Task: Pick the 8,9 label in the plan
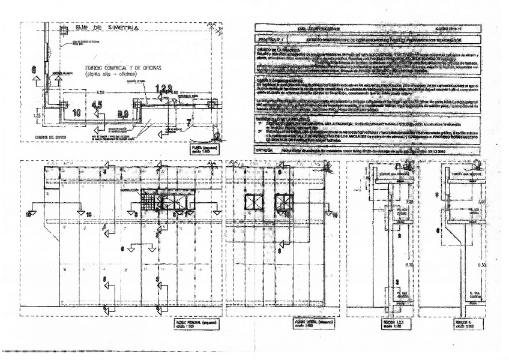(122, 112)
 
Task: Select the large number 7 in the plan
(188, 122)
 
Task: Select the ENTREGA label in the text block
(265, 150)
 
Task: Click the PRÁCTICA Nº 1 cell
(268, 37)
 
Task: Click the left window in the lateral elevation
(249, 203)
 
